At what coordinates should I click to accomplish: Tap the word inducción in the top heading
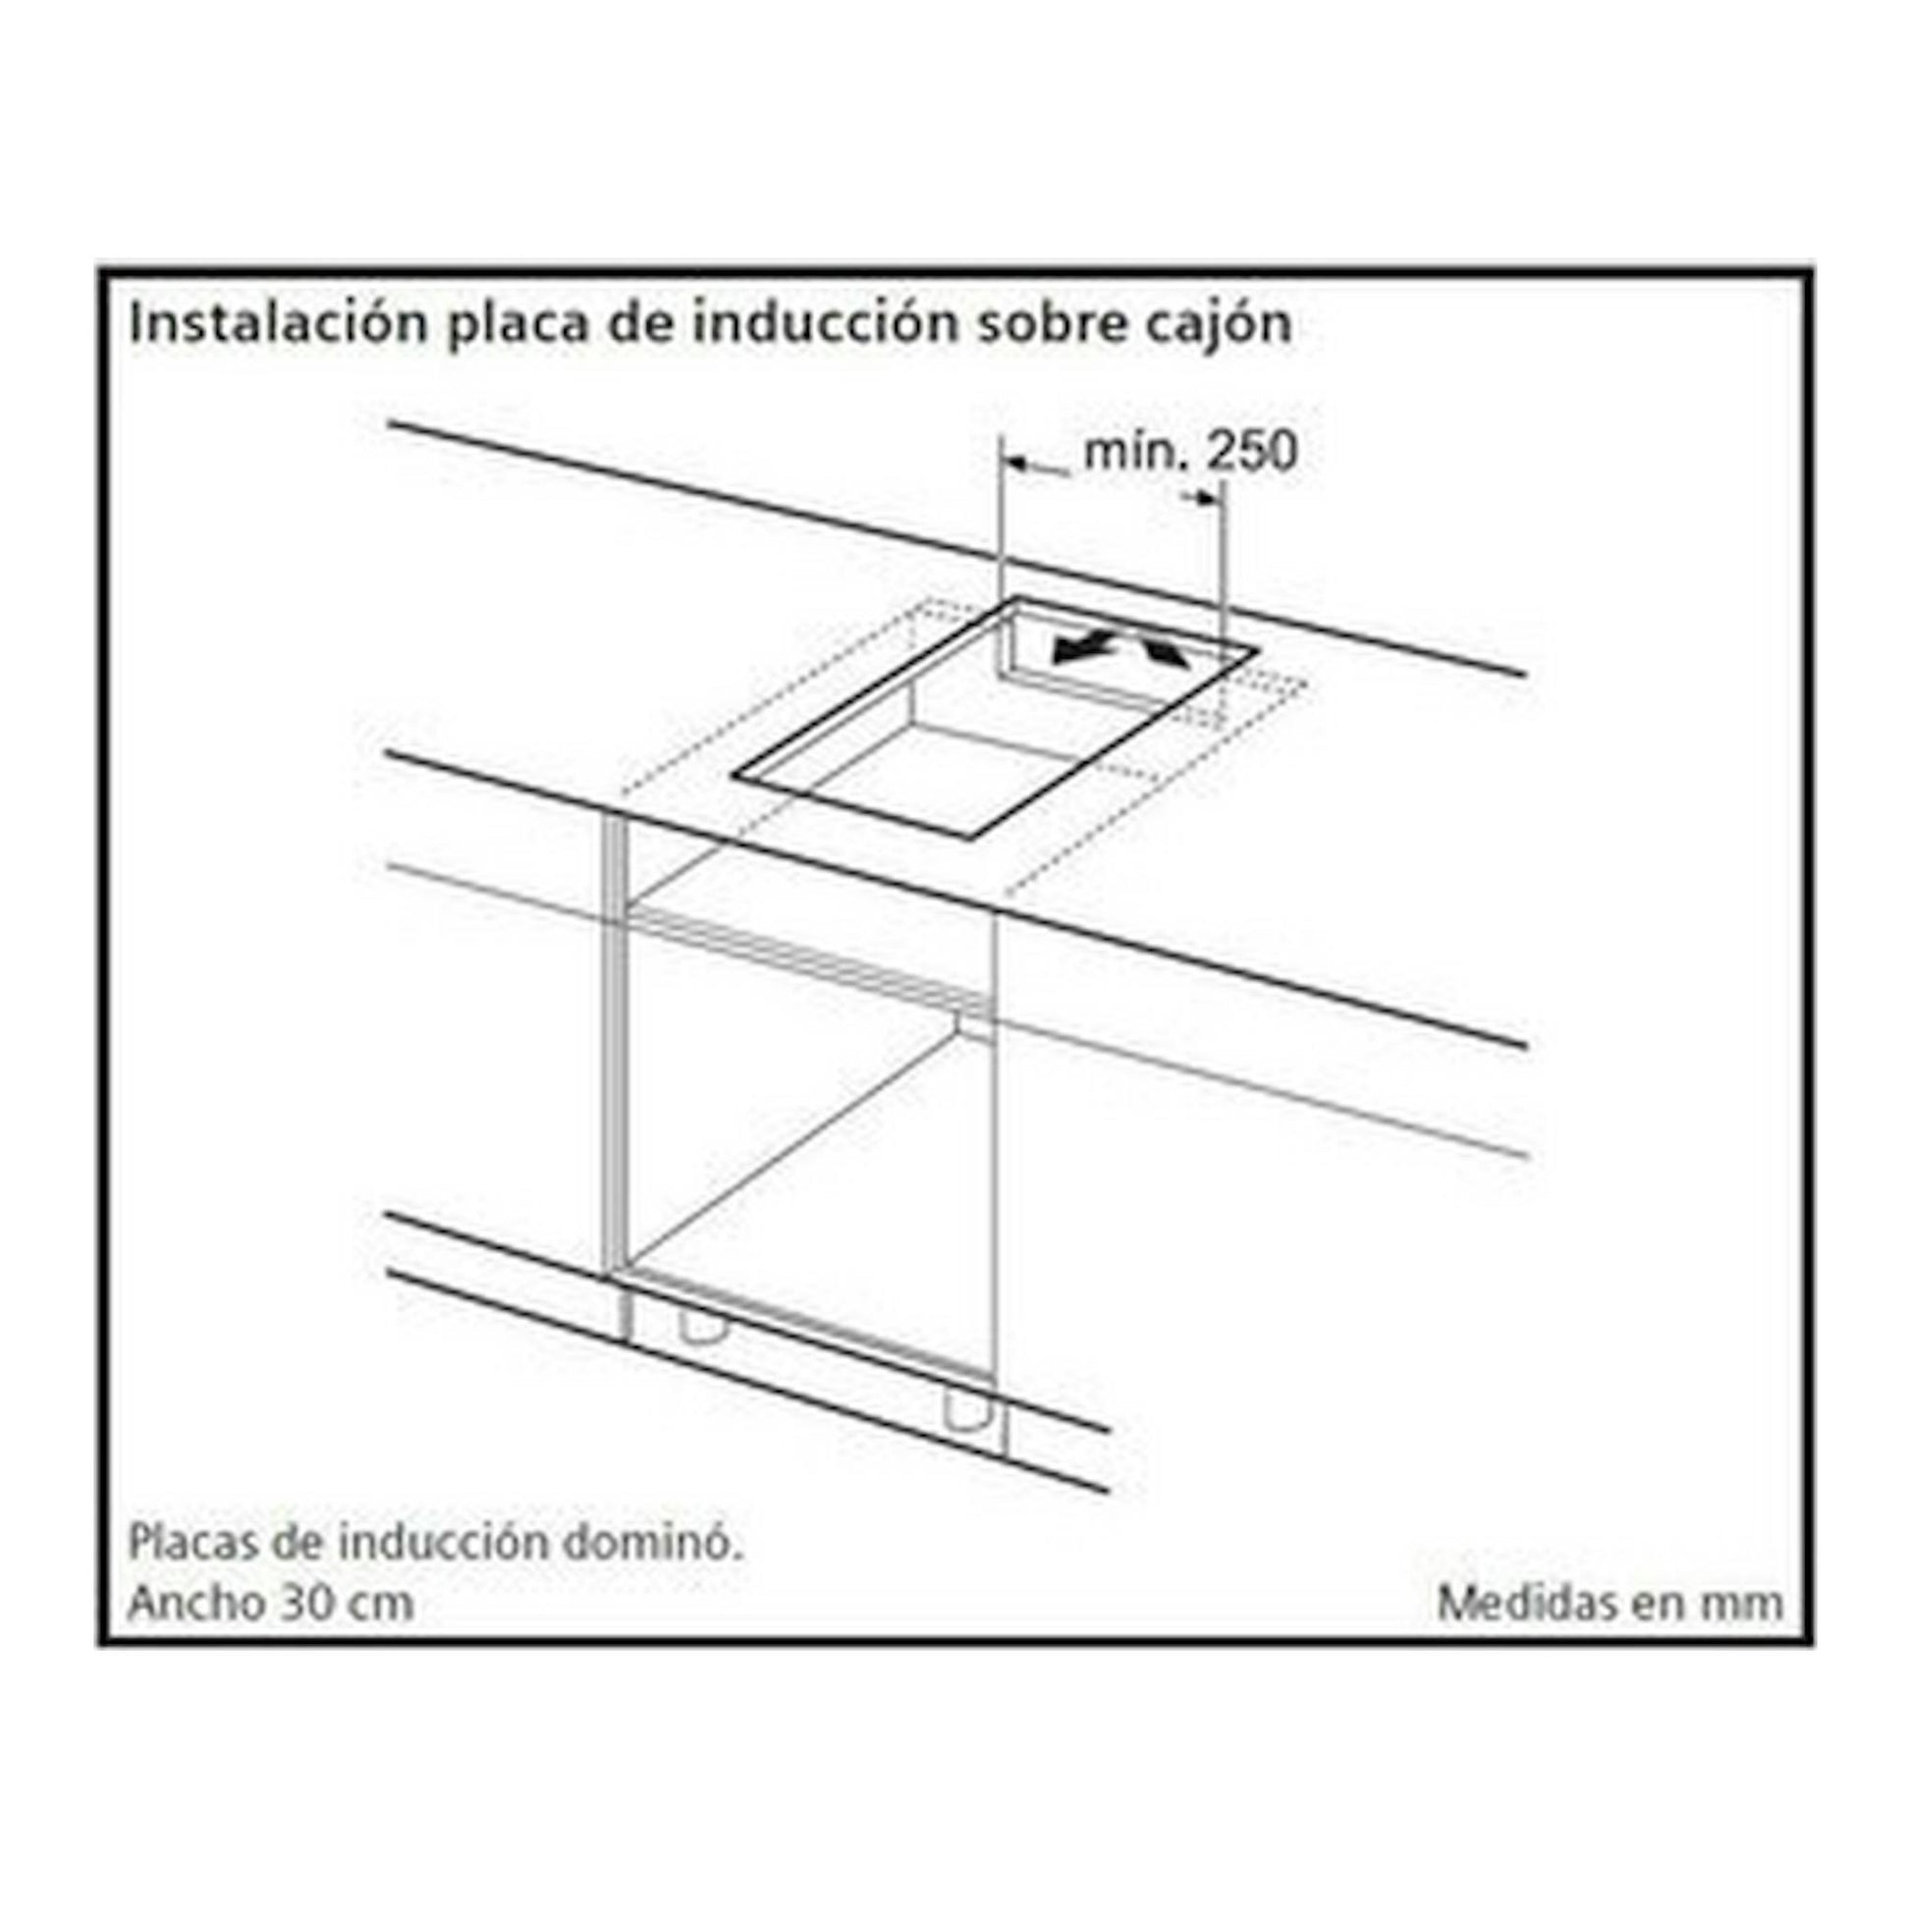pyautogui.click(x=825, y=323)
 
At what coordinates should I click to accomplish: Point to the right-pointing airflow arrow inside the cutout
pyautogui.click(x=1164, y=649)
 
